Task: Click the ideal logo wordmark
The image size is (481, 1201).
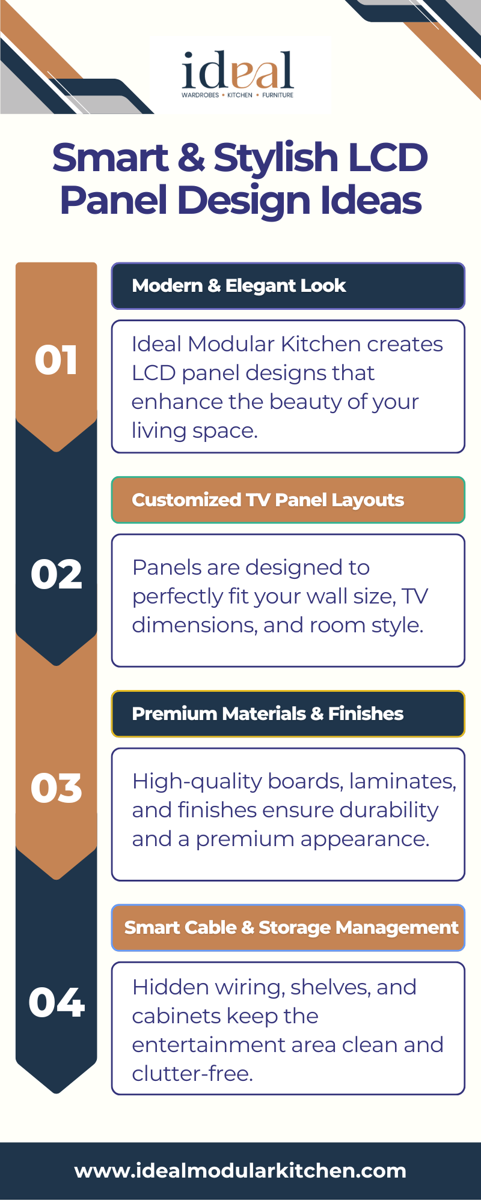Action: [x=238, y=70]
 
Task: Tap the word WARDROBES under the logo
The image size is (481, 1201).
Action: [x=200, y=95]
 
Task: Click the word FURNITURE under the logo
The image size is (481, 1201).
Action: [x=278, y=95]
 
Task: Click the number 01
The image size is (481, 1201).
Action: [x=56, y=360]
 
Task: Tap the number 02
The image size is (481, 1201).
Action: [x=57, y=574]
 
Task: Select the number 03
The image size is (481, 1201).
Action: [x=57, y=788]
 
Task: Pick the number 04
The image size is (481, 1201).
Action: [x=57, y=1002]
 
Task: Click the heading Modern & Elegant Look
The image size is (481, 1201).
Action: [x=239, y=286]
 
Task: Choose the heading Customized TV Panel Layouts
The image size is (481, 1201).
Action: [x=268, y=500]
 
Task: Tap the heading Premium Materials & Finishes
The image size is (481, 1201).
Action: [x=268, y=713]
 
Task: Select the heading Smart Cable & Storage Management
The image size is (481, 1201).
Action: [x=292, y=928]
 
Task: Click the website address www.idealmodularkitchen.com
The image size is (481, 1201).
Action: [x=240, y=1170]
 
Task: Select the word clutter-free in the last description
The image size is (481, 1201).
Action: [x=192, y=1074]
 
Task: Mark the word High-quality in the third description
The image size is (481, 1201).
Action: [x=197, y=782]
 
